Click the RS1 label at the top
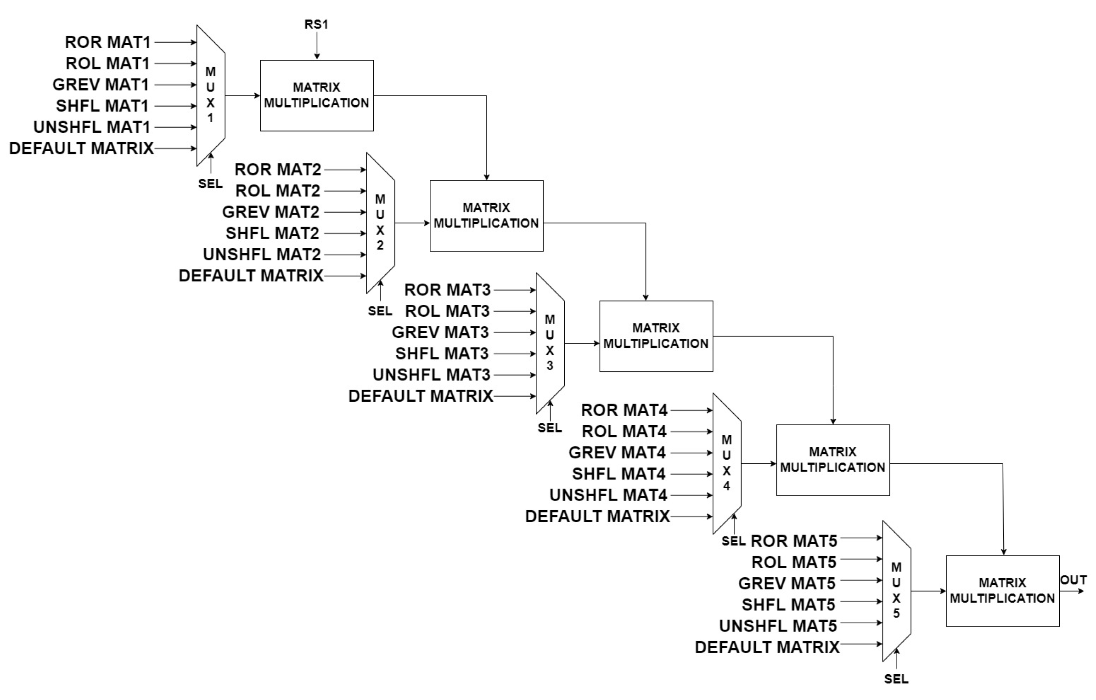point(316,24)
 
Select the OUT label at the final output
point(1073,580)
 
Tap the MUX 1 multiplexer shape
point(211,95)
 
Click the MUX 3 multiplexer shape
point(550,343)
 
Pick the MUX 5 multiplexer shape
point(896,591)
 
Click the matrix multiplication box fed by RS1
point(316,96)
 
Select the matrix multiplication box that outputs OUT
point(1002,591)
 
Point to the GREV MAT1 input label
point(101,85)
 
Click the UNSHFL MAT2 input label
point(262,255)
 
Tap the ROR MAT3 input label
point(447,290)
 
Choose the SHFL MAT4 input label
point(618,474)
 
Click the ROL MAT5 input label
point(793,562)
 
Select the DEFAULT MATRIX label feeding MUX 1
point(81,148)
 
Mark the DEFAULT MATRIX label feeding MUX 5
point(767,647)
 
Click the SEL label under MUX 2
point(380,311)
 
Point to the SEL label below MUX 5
point(896,679)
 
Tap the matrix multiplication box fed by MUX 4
point(832,460)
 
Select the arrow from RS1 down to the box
point(316,46)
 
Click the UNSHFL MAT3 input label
point(431,375)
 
